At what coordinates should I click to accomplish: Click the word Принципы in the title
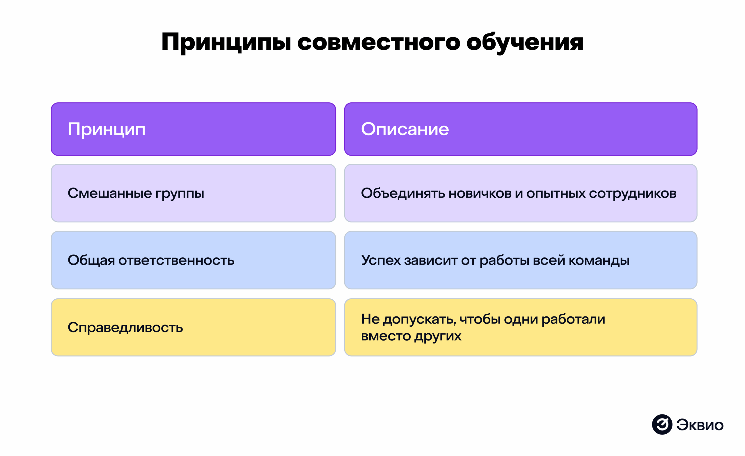pos(226,42)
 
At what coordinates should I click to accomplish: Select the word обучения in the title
pos(525,42)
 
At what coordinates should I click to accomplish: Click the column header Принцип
pos(107,129)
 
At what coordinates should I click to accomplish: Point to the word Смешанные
pos(109,193)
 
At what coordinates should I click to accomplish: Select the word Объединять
pos(403,193)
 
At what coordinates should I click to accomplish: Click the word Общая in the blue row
pos(91,261)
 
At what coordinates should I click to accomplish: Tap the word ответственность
pos(176,261)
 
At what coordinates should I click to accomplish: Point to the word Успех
pos(381,261)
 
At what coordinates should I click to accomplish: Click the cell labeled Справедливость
pos(125,328)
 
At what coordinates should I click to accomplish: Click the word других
pos(437,337)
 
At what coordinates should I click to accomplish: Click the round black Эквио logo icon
pos(662,425)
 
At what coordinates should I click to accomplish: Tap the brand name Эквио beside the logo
pos(700,425)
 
